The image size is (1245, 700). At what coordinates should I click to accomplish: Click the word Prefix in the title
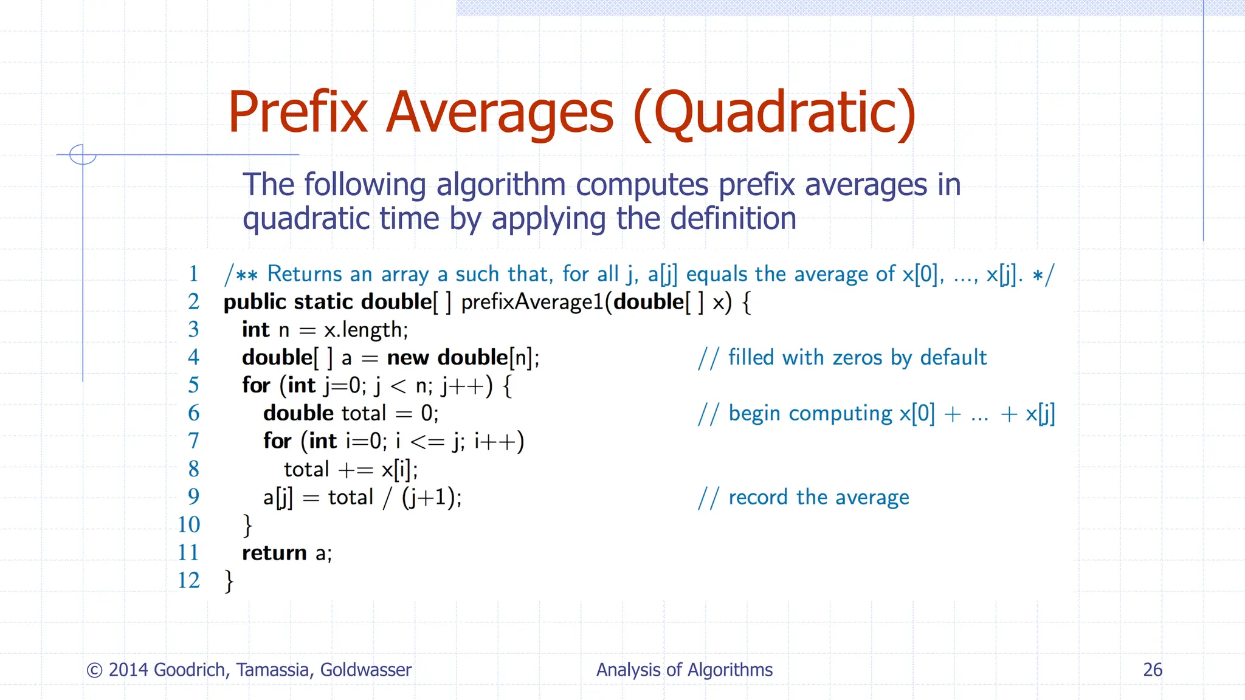[x=298, y=113]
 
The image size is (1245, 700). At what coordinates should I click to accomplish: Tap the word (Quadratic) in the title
[x=774, y=113]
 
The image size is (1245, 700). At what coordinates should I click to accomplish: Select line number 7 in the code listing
[x=193, y=441]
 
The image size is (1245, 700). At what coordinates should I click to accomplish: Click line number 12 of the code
[x=188, y=580]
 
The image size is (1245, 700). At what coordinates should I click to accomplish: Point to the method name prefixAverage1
[x=533, y=302]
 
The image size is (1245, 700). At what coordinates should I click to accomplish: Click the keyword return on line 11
[x=274, y=553]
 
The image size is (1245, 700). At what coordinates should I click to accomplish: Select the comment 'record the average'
[x=818, y=497]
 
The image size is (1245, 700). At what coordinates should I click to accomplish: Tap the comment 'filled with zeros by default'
[x=857, y=357]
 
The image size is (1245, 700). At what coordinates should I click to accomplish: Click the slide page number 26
[x=1153, y=670]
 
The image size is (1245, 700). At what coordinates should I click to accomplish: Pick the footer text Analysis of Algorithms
[x=685, y=670]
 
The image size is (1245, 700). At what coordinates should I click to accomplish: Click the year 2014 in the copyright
[x=128, y=670]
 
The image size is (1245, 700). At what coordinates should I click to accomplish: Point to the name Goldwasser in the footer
[x=366, y=670]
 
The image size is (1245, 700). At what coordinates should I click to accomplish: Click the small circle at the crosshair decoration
[x=83, y=154]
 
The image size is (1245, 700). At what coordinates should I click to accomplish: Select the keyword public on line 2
[x=255, y=302]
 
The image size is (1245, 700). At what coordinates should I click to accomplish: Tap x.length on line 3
[x=366, y=330]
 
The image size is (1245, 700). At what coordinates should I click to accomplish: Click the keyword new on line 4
[x=408, y=357]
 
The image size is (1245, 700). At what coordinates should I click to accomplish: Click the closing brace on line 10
[x=247, y=525]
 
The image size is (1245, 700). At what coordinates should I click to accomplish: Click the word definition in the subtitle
[x=733, y=219]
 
